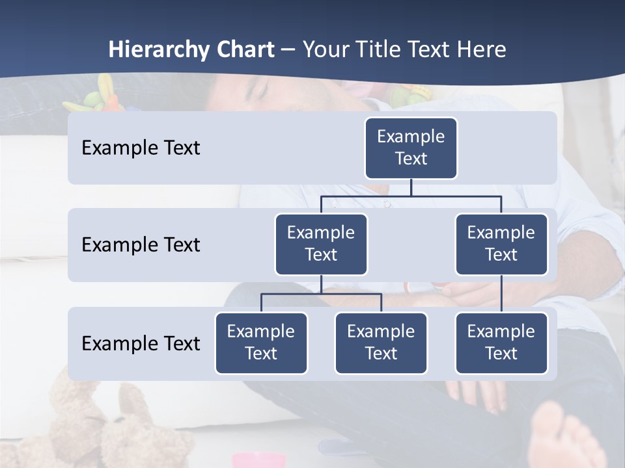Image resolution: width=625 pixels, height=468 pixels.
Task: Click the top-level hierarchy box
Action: coord(411,148)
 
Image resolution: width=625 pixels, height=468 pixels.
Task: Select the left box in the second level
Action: coord(321,244)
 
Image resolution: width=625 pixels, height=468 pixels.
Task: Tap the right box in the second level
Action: coord(501,244)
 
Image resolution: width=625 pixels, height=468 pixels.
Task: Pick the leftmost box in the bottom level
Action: coord(261,343)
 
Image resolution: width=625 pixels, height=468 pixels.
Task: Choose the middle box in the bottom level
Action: coord(381,343)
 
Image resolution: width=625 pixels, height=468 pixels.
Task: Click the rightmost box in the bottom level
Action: coord(501,343)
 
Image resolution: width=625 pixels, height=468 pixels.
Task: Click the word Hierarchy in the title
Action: coord(159,49)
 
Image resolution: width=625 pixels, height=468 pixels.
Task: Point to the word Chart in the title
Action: coord(245,49)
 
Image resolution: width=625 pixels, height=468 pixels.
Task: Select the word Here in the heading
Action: coord(482,49)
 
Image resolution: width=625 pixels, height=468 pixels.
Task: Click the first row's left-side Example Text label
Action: coord(141,148)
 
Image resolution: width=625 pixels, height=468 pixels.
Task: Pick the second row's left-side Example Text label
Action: coord(141,245)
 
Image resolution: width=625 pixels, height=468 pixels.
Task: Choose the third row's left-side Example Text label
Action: coord(141,343)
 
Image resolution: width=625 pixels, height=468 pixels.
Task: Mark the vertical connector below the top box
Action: coord(411,187)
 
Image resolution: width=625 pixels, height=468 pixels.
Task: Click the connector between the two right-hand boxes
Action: coord(501,294)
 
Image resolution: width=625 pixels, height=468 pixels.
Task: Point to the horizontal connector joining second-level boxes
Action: coord(411,196)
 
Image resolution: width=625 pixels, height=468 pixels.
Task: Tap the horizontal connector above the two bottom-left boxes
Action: coord(321,294)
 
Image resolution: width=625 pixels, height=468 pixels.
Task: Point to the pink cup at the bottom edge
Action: coord(259,461)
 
